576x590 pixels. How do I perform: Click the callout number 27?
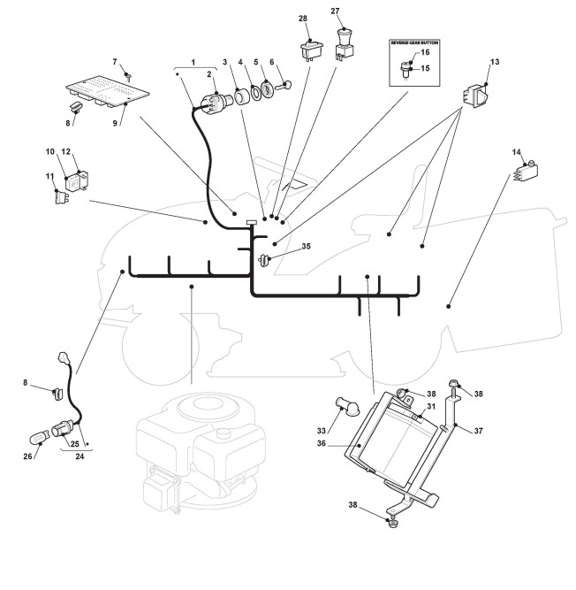335,11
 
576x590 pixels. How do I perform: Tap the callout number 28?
303,19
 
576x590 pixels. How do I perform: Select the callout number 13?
494,62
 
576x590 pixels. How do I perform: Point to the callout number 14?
517,152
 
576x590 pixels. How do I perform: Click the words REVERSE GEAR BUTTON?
415,42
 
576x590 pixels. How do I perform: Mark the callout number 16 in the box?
425,53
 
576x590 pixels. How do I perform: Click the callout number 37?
478,432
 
